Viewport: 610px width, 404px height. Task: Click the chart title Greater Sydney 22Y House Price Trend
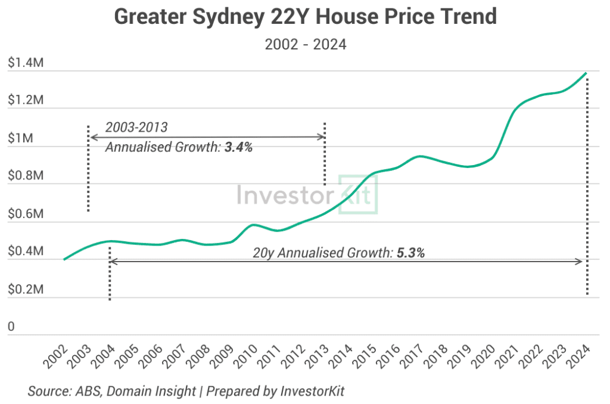click(305, 17)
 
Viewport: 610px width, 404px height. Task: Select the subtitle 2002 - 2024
click(305, 45)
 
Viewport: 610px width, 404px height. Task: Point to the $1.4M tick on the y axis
click(26, 63)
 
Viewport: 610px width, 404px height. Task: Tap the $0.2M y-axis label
click(26, 290)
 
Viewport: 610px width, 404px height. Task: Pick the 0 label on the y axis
click(11, 327)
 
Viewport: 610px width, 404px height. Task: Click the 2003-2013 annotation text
click(136, 128)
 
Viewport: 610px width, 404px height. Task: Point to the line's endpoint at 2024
click(587, 73)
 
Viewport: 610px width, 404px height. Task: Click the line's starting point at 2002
click(64, 259)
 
